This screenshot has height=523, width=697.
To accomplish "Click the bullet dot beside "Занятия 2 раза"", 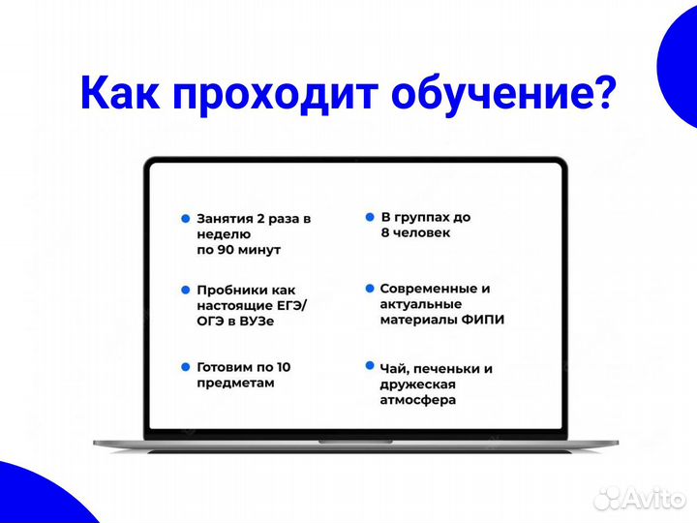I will tap(185, 219).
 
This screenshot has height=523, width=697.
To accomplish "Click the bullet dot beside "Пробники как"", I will tap(185, 289).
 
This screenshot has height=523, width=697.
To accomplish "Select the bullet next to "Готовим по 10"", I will tap(185, 366).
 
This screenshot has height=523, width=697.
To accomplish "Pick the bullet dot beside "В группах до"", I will tap(369, 217).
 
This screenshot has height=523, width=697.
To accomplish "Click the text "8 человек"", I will tap(414, 233).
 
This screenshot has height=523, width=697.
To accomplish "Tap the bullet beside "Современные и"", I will tap(369, 288).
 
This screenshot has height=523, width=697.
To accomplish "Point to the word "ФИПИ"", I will tap(481, 320).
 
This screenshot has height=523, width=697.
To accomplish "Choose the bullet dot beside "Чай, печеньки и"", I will tap(369, 366).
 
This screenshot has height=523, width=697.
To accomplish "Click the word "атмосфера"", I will tap(418, 399).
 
